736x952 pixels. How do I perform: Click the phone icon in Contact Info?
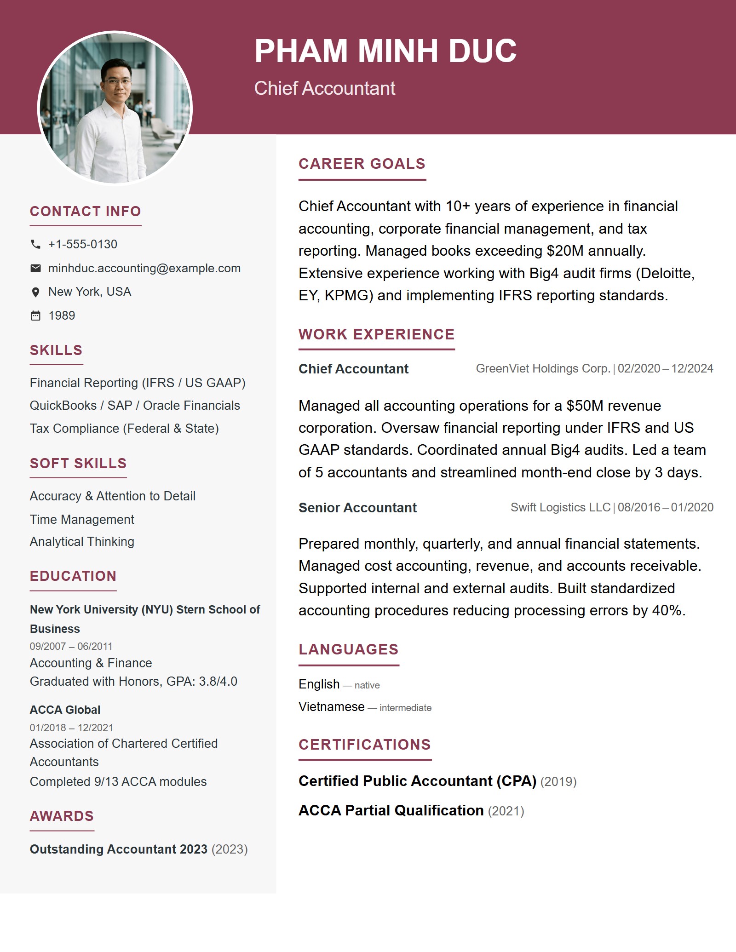[35, 244]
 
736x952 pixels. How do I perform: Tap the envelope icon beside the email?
[35, 268]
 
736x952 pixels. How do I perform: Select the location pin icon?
[35, 292]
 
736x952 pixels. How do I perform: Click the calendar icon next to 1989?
[35, 315]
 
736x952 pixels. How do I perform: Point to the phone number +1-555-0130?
[83, 244]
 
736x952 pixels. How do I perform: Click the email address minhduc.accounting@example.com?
[144, 268]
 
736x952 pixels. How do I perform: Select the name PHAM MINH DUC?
[385, 51]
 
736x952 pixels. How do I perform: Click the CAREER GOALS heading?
[362, 164]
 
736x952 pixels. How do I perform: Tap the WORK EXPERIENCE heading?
[376, 334]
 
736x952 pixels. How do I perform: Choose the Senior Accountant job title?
[357, 508]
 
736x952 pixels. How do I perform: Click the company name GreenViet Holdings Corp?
[543, 368]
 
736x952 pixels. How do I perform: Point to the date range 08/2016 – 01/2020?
[665, 507]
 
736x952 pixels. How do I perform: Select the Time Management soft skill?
[82, 519]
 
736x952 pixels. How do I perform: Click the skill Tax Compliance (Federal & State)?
[124, 428]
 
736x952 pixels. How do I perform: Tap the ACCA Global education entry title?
[65, 710]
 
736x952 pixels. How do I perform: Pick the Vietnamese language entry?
[331, 706]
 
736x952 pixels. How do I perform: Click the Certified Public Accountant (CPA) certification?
[417, 781]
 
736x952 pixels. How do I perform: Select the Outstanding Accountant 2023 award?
[119, 849]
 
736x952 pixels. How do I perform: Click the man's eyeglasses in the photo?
[118, 81]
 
